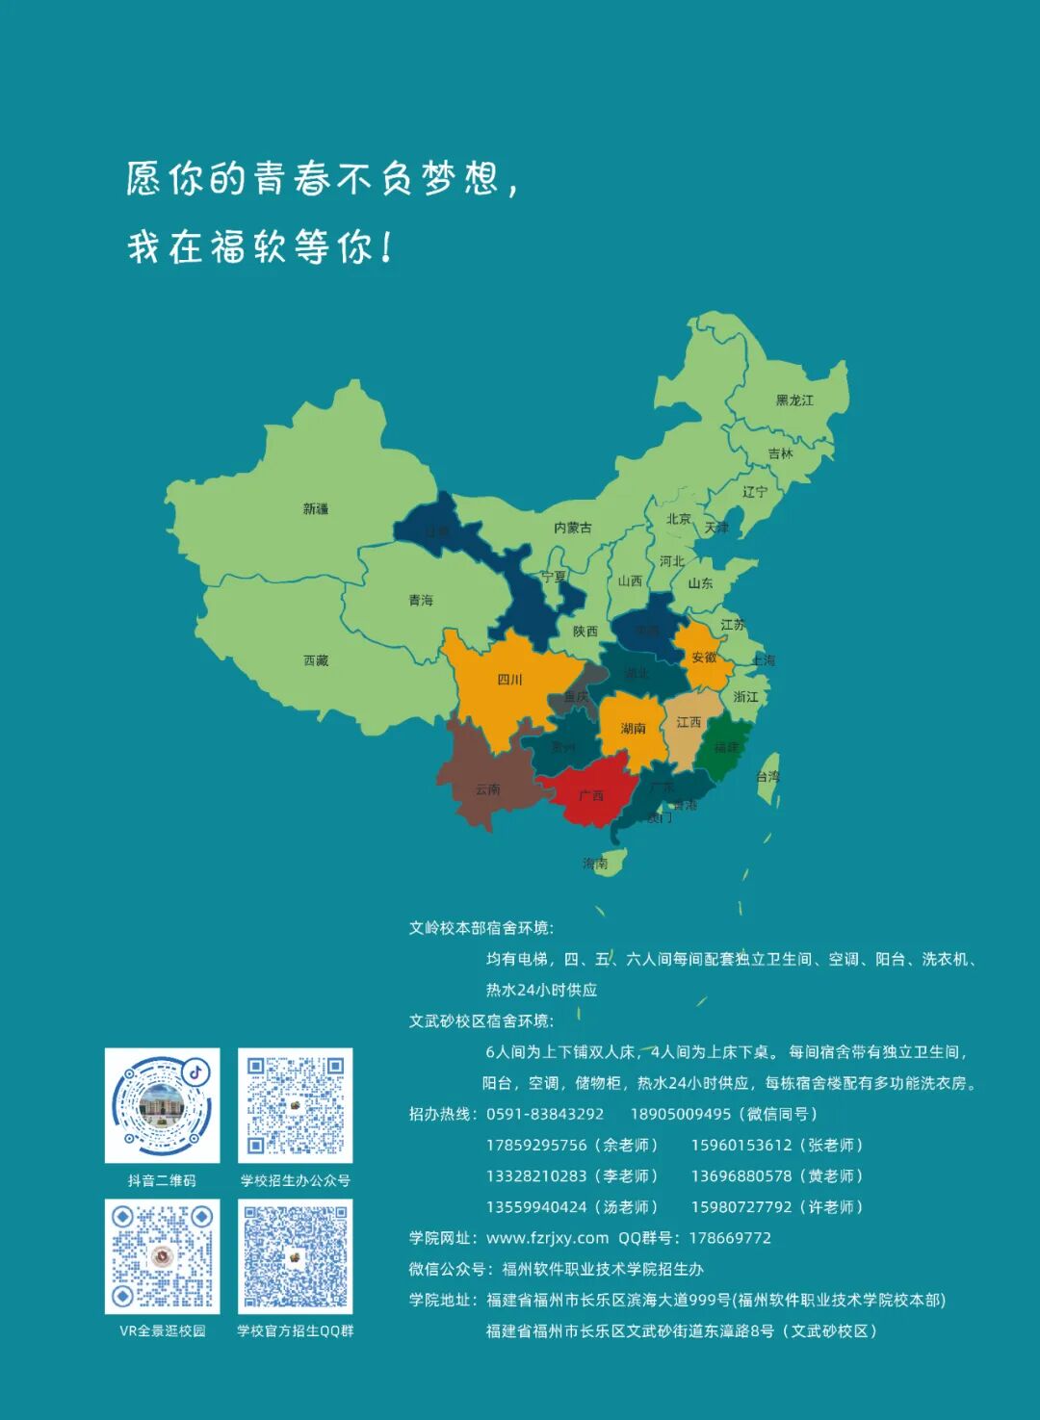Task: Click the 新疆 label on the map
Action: point(316,508)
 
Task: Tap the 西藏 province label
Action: point(316,660)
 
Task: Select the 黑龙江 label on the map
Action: point(794,400)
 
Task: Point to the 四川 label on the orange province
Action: point(509,680)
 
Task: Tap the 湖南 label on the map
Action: point(633,729)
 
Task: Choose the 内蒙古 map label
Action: point(573,528)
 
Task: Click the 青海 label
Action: point(421,600)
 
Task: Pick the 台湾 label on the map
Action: point(767,776)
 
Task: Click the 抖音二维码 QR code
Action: point(162,1105)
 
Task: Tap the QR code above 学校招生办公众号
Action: point(296,1105)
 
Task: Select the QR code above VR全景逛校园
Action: point(162,1255)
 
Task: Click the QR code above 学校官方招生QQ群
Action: point(296,1255)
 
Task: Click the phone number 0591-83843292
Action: point(545,1114)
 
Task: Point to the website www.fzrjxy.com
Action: point(547,1238)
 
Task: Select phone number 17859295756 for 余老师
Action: point(536,1145)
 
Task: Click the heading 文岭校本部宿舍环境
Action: point(481,928)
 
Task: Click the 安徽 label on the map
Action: point(704,658)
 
